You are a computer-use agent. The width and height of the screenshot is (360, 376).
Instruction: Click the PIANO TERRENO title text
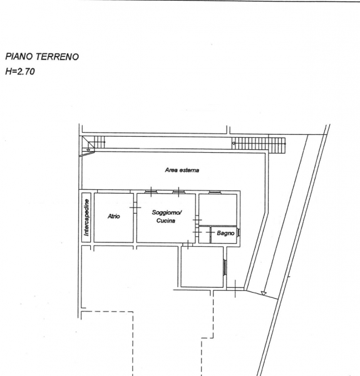pyautogui.click(x=42, y=56)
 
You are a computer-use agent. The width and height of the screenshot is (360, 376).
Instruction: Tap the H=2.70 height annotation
pyautogui.click(x=20, y=71)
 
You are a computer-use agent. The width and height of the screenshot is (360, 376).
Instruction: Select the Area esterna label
pyautogui.click(x=182, y=170)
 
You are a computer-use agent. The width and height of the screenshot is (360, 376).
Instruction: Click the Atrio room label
pyautogui.click(x=114, y=216)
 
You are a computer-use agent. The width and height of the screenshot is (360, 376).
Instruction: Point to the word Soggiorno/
pyautogui.click(x=167, y=212)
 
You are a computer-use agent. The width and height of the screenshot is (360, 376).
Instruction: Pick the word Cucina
pyautogui.click(x=166, y=221)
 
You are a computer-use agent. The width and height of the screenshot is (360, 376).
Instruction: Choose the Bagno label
pyautogui.click(x=225, y=233)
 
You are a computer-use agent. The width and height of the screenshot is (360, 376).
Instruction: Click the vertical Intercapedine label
pyautogui.click(x=86, y=217)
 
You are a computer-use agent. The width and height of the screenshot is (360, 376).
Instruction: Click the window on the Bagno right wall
pyautogui.click(x=239, y=232)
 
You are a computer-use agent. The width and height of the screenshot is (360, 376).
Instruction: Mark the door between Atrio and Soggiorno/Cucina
pyautogui.click(x=135, y=207)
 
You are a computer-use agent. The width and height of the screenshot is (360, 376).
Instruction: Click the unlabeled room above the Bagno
pyautogui.click(x=218, y=210)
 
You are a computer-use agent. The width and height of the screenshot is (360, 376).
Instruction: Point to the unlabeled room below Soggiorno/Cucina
pyautogui.click(x=202, y=267)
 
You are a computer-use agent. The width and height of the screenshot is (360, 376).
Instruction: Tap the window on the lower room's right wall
pyautogui.click(x=225, y=267)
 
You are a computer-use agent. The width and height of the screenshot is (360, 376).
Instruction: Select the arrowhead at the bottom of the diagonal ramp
pyautogui.click(x=264, y=293)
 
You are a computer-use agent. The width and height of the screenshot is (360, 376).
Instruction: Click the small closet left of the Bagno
pyautogui.click(x=205, y=235)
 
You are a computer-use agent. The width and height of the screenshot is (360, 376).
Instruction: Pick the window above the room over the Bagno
pyautogui.click(x=215, y=192)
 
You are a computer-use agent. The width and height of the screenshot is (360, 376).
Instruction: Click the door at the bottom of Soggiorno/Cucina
pyautogui.click(x=188, y=244)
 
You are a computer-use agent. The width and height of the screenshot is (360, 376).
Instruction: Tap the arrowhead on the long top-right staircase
pyautogui.click(x=234, y=144)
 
